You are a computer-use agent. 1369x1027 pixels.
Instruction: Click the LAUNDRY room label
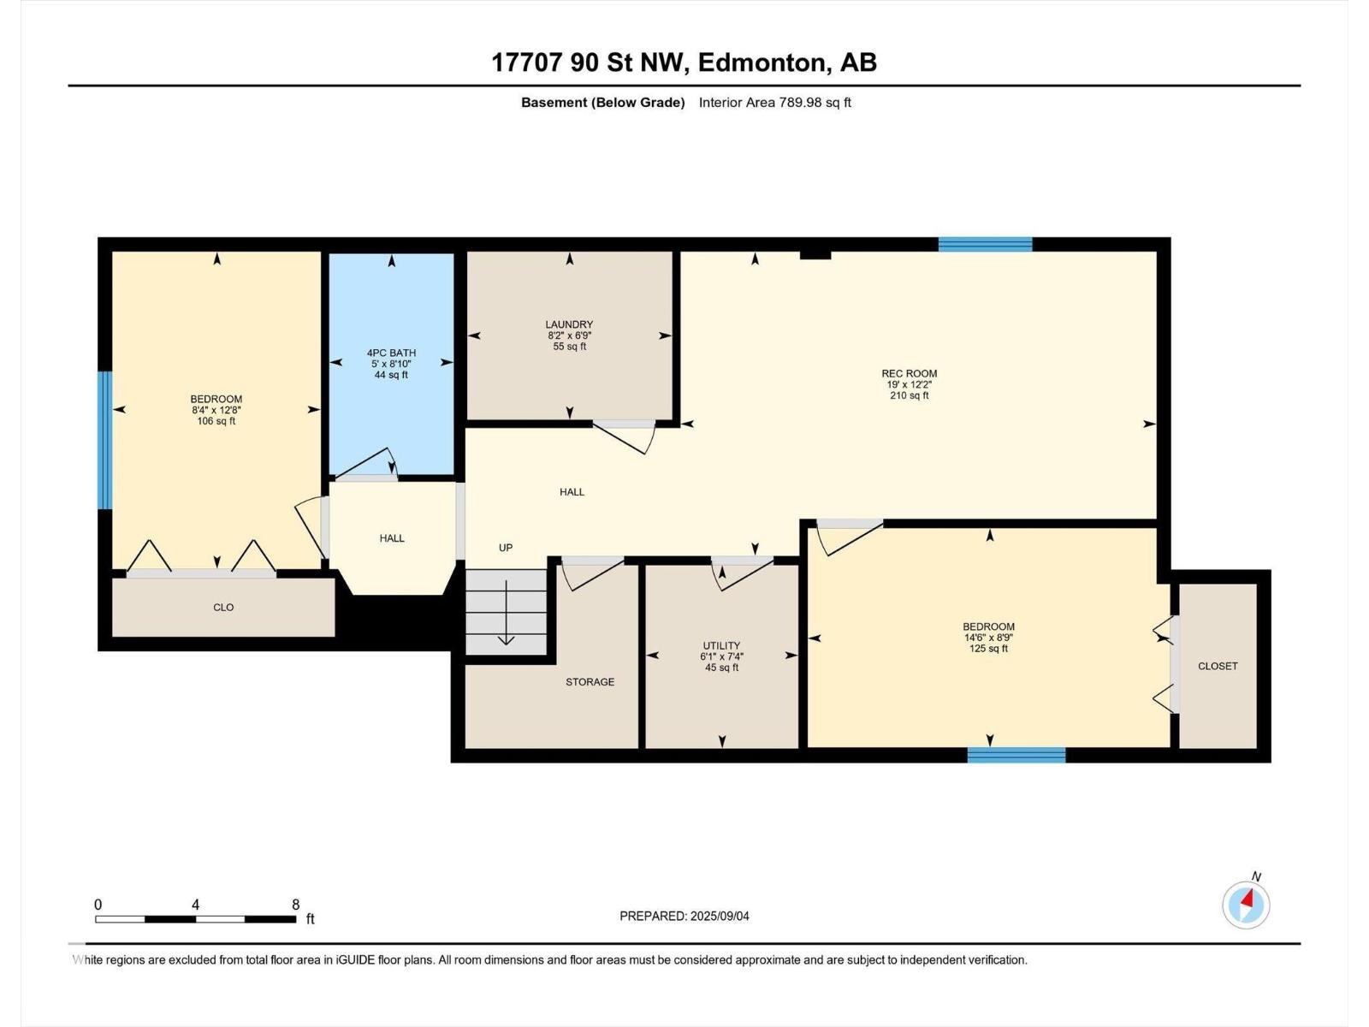tap(569, 324)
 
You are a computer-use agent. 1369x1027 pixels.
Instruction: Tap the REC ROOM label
tap(909, 373)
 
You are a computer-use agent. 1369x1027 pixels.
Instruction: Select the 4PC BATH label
tap(391, 353)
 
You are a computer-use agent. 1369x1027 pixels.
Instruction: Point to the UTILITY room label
tap(721, 645)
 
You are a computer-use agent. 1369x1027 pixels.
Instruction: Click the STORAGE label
tap(590, 681)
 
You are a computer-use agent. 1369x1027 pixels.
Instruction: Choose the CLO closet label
tap(223, 608)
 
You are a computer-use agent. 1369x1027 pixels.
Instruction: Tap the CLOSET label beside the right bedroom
tap(1218, 666)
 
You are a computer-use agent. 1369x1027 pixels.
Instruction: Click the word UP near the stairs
tap(506, 548)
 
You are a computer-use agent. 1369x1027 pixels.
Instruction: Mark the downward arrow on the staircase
tap(506, 613)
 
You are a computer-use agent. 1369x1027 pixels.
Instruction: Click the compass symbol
tap(1246, 905)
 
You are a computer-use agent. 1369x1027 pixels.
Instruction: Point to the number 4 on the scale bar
tap(195, 905)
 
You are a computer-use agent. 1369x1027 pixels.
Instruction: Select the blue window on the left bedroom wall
tap(104, 440)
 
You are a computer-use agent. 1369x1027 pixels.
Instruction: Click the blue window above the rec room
tap(986, 244)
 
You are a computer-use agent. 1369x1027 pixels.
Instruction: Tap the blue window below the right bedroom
tap(1016, 755)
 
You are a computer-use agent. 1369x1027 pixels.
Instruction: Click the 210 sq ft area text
tap(909, 395)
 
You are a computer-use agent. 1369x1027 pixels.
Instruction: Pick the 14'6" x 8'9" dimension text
tap(988, 638)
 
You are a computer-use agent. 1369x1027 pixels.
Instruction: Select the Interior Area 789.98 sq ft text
tap(774, 102)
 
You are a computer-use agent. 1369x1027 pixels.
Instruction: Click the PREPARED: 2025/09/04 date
tap(684, 916)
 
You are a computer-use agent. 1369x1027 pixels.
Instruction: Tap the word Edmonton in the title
tap(764, 63)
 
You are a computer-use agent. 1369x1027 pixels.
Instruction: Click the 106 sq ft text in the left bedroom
tap(216, 421)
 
